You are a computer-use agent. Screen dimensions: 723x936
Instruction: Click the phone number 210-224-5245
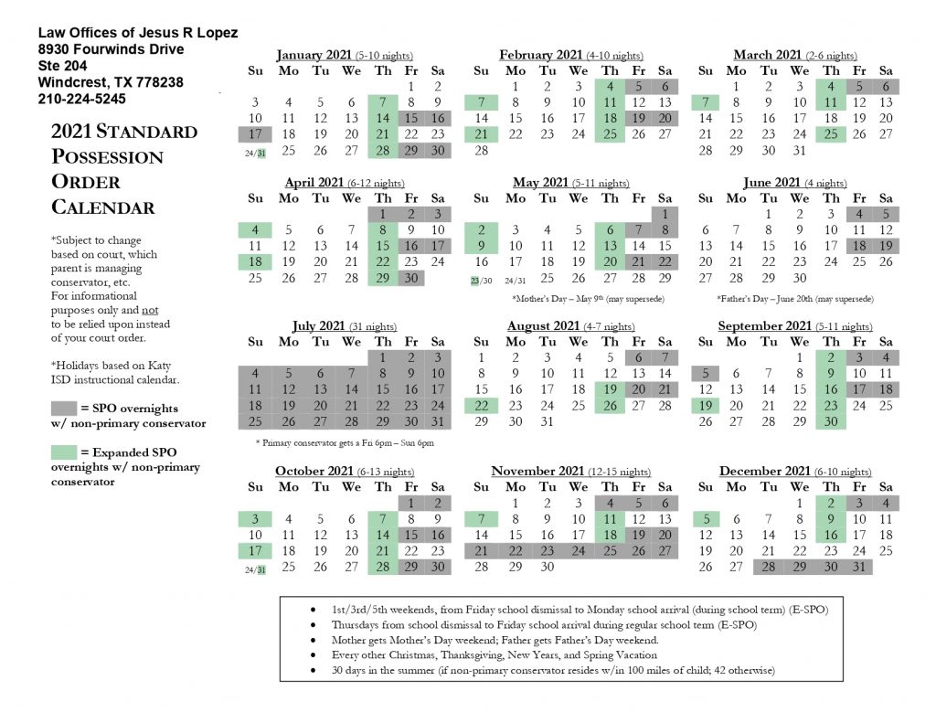point(82,99)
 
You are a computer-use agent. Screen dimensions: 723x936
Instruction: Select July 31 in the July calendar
point(438,421)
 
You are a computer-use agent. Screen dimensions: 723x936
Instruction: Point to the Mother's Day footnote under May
point(588,299)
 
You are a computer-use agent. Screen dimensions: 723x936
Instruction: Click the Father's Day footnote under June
point(795,299)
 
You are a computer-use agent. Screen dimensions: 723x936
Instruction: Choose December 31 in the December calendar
point(859,567)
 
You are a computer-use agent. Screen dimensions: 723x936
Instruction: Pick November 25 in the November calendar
point(610,550)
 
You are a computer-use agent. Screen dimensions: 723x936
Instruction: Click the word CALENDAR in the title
point(102,207)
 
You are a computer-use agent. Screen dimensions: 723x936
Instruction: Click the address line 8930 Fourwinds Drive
point(112,49)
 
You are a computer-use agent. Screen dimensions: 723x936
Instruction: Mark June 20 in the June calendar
point(706,261)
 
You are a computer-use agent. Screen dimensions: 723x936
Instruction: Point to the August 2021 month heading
point(543,325)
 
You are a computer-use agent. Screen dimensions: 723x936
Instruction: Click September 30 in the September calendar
point(830,421)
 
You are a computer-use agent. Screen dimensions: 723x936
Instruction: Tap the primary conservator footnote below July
point(345,442)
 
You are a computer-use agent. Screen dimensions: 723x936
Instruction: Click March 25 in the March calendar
point(830,133)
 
